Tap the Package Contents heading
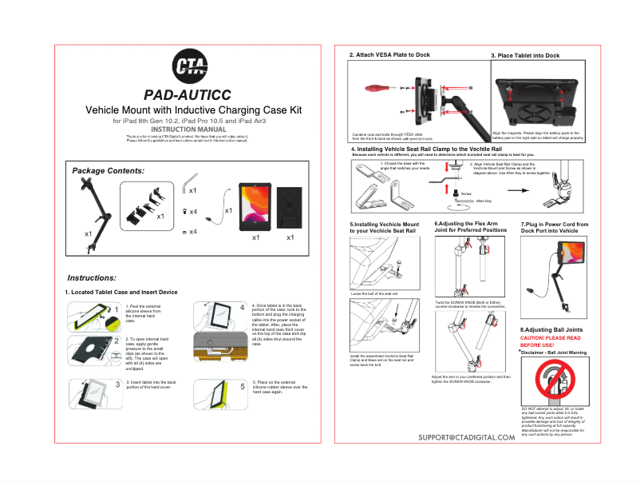[x=108, y=171]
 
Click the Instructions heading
[x=93, y=277]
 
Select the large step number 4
[x=242, y=308]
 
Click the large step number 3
[x=117, y=384]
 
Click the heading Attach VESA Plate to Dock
[x=389, y=55]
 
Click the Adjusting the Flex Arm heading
[x=470, y=227]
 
